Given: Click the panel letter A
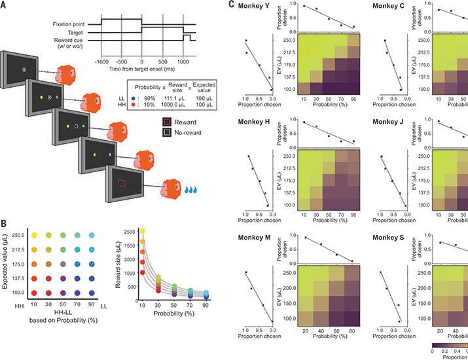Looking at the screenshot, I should [x=5, y=6].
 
